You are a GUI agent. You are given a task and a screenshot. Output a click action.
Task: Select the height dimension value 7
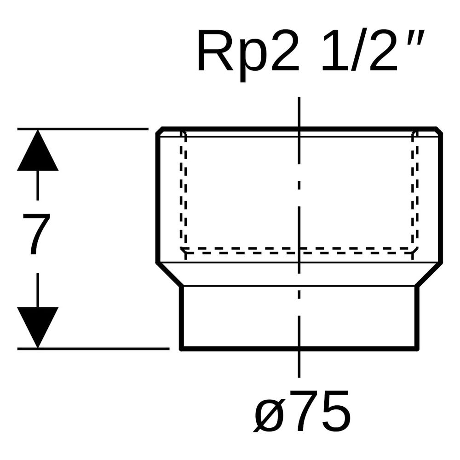37,234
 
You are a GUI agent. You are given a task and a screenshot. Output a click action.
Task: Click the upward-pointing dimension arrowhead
38,150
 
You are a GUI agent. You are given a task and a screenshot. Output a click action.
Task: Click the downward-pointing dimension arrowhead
38,328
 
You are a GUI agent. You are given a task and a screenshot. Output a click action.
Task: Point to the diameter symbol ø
270,413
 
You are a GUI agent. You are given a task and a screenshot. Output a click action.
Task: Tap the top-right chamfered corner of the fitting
439,131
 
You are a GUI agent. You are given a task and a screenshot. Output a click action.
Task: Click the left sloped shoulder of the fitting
169,275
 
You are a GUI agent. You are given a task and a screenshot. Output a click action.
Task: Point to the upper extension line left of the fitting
83,128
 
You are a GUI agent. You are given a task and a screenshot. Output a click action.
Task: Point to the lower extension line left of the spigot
93,349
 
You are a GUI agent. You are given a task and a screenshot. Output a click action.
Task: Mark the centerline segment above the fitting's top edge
299,112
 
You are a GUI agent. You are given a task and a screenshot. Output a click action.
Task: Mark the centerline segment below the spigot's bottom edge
299,364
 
